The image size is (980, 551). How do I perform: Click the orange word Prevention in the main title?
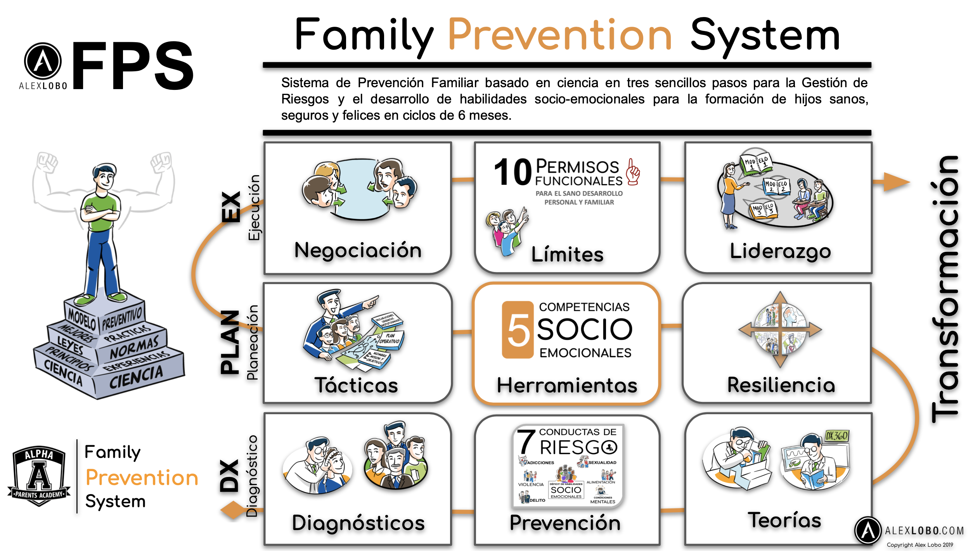click(x=560, y=36)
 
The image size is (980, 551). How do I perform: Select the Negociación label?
click(x=358, y=250)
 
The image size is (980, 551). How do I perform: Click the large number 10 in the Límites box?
click(x=513, y=172)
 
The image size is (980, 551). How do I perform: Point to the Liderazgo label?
click(x=780, y=251)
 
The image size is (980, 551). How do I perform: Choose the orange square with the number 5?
click(x=518, y=330)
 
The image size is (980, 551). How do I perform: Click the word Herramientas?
click(x=567, y=386)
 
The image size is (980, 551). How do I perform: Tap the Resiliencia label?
click(x=781, y=385)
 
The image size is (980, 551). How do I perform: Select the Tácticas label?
click(x=356, y=386)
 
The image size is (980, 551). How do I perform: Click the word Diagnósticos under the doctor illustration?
click(x=358, y=523)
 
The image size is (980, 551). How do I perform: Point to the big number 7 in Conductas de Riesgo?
click(x=526, y=442)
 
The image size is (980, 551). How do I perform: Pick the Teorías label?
click(x=784, y=520)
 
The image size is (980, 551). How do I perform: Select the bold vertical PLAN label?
click(x=230, y=342)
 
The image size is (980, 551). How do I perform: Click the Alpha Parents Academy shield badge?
click(x=39, y=476)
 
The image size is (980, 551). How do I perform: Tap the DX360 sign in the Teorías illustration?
click(x=836, y=436)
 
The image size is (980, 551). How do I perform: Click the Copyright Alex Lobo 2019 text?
click(x=919, y=545)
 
